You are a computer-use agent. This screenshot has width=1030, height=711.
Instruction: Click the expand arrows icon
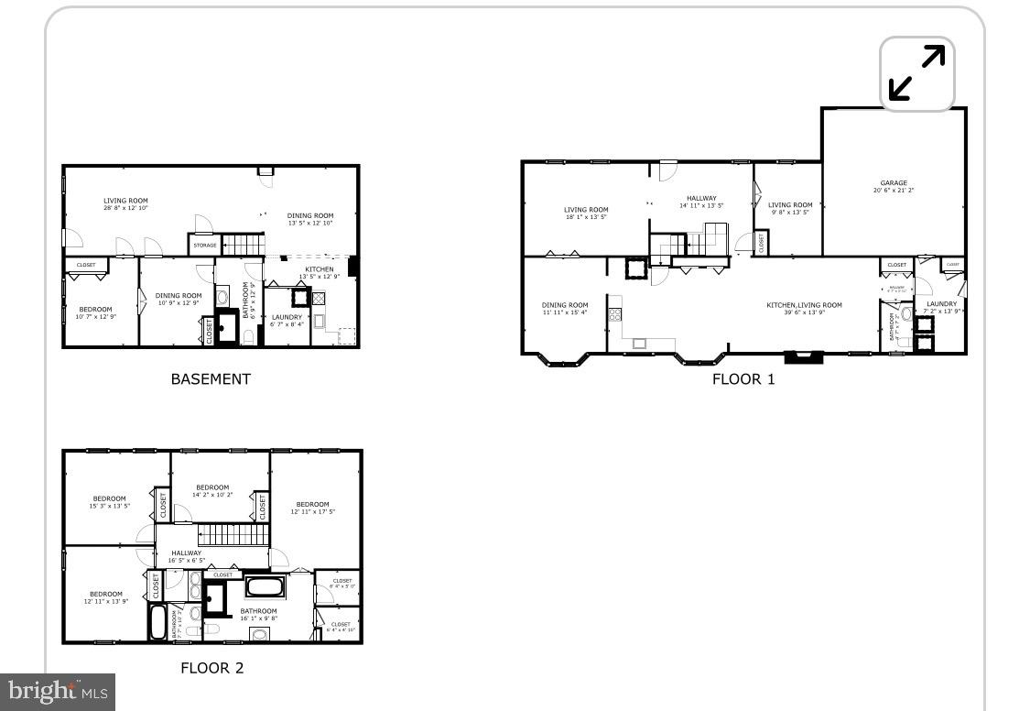pyautogui.click(x=917, y=73)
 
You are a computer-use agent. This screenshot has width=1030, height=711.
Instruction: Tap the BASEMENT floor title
pyautogui.click(x=211, y=378)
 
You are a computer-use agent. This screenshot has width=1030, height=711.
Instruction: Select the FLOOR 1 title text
pyautogui.click(x=743, y=378)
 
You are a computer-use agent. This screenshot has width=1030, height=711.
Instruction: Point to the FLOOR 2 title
pyautogui.click(x=211, y=668)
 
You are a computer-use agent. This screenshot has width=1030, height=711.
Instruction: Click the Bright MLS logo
pyautogui.click(x=55, y=691)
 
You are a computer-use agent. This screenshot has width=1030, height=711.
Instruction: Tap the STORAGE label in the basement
pyautogui.click(x=205, y=245)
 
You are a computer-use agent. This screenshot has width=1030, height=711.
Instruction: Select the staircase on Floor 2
pyautogui.click(x=233, y=534)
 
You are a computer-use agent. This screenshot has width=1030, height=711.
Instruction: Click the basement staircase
pyautogui.click(x=244, y=245)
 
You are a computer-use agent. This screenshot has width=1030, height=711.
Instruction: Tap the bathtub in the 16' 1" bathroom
pyautogui.click(x=266, y=585)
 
